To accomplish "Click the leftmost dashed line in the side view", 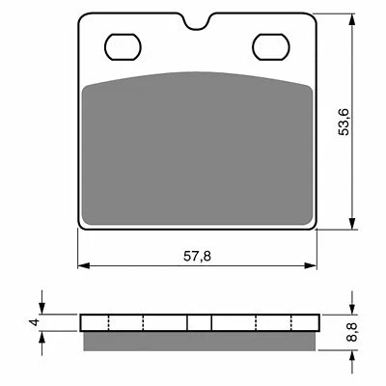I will coord(111,322).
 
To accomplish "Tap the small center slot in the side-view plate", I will coord(199,322).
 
